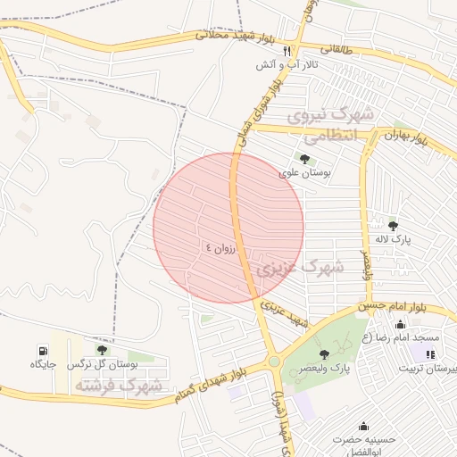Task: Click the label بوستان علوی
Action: (304, 173)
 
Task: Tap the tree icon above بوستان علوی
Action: (305, 159)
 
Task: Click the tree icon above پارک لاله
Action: (393, 224)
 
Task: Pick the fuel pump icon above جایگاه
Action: (42, 350)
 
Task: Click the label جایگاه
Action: (43, 364)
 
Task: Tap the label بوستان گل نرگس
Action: (102, 364)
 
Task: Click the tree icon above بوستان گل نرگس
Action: (102, 350)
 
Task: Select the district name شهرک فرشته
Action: (119, 386)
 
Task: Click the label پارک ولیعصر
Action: (324, 368)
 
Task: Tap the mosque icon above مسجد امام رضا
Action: (400, 324)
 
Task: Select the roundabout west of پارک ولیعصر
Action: (274, 361)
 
